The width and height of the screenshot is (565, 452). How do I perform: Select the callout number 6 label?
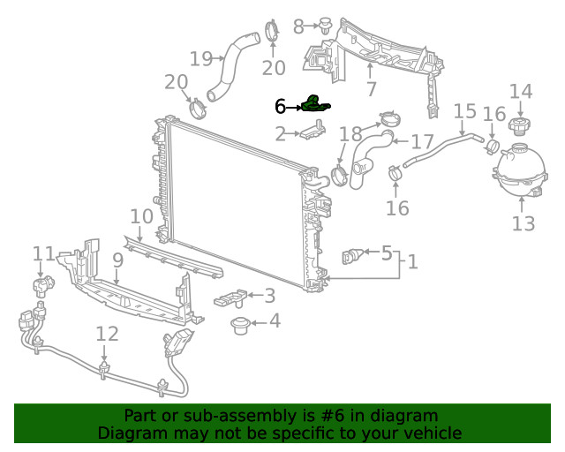click(x=280, y=107)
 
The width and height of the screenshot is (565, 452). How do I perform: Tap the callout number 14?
click(x=521, y=91)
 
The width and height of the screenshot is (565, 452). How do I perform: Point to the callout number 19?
click(x=200, y=59)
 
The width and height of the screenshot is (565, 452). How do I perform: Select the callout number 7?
click(x=371, y=88)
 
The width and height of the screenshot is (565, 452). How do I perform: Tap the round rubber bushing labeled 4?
click(x=239, y=326)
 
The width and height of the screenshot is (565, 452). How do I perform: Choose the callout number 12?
click(x=107, y=334)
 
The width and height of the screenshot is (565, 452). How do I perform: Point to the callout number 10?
click(x=141, y=216)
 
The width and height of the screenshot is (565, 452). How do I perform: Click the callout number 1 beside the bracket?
click(x=411, y=262)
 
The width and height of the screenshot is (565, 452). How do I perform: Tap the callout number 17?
click(x=422, y=142)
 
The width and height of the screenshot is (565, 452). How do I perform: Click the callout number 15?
click(x=464, y=111)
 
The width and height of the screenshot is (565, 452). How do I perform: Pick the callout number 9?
click(x=117, y=260)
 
